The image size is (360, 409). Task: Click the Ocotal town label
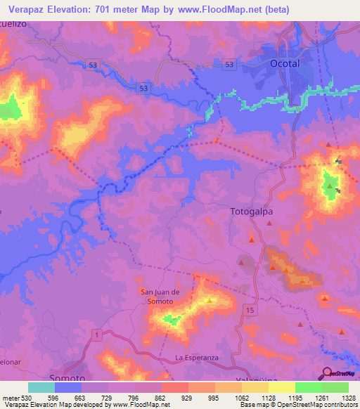(x=285, y=63)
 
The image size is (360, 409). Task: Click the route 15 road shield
(x=250, y=309)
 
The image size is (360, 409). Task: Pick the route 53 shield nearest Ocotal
(x=229, y=64)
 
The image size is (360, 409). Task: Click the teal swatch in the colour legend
(x=41, y=387)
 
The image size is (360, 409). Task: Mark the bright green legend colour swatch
(x=309, y=387)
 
